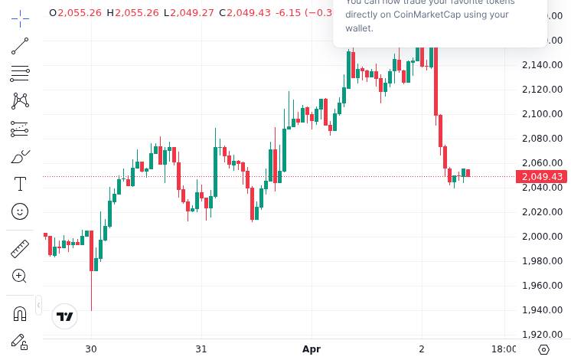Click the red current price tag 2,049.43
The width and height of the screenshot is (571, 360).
tap(542, 177)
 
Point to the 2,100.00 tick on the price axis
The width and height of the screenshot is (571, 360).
tap(542, 114)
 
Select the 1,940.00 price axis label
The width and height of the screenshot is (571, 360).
tap(542, 310)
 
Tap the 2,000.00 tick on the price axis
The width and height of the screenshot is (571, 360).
tap(542, 237)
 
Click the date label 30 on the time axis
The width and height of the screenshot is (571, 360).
tap(91, 349)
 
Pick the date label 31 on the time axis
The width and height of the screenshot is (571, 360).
tap(201, 349)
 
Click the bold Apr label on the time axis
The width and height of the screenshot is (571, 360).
tap(312, 349)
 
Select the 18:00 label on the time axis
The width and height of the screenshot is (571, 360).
tap(503, 349)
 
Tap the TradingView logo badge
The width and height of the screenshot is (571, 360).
tap(65, 316)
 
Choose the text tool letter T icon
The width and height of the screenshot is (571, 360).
tap(20, 184)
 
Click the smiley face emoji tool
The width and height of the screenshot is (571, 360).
tap(20, 211)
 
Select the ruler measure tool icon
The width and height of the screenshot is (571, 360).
tap(20, 249)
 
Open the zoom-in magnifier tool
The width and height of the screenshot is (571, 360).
tap(20, 276)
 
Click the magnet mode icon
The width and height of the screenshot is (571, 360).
tap(20, 313)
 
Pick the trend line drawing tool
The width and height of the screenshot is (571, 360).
tap(20, 47)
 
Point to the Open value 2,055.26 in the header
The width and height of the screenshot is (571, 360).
tap(80, 13)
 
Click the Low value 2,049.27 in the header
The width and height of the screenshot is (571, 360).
tap(192, 13)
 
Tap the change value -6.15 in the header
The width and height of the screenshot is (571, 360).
tap(289, 13)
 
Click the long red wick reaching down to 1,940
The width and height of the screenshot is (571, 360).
tap(91, 291)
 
